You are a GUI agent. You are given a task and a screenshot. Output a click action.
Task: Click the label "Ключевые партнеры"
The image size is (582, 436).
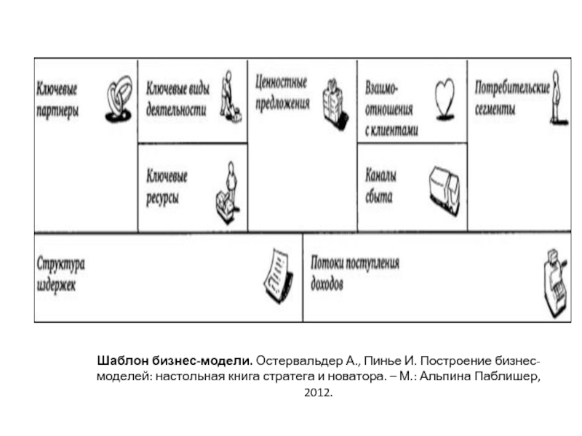click(x=57, y=100)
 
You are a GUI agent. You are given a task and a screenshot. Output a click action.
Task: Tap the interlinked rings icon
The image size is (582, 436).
click(x=119, y=100)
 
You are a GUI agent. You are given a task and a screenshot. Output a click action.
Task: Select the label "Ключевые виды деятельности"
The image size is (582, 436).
click(x=178, y=100)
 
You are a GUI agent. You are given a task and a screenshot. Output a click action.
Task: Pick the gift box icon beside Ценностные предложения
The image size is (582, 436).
click(x=334, y=102)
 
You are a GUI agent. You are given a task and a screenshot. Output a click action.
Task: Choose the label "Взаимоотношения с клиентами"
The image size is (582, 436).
click(x=391, y=108)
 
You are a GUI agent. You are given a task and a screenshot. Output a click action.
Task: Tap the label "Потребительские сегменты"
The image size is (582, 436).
click(x=512, y=98)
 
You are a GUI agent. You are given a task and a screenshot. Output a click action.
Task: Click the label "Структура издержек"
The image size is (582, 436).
click(x=63, y=272)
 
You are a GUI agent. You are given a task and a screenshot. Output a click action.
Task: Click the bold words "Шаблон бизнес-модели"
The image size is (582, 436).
click(x=175, y=361)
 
